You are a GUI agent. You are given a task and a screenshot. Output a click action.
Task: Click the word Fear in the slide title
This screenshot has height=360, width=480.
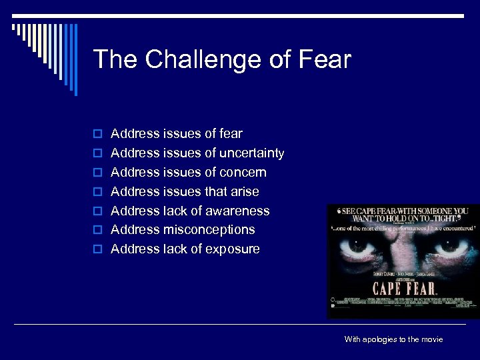click(325, 59)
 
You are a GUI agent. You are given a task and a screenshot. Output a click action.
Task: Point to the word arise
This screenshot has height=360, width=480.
click(244, 191)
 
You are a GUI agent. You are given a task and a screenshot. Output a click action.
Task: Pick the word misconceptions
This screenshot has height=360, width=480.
click(209, 229)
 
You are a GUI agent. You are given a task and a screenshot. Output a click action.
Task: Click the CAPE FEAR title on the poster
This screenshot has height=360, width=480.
click(404, 289)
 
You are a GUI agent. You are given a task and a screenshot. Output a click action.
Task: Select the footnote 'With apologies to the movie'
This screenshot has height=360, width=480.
click(393, 339)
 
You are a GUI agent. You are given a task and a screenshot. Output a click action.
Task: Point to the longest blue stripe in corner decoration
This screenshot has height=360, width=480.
click(75, 60)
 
